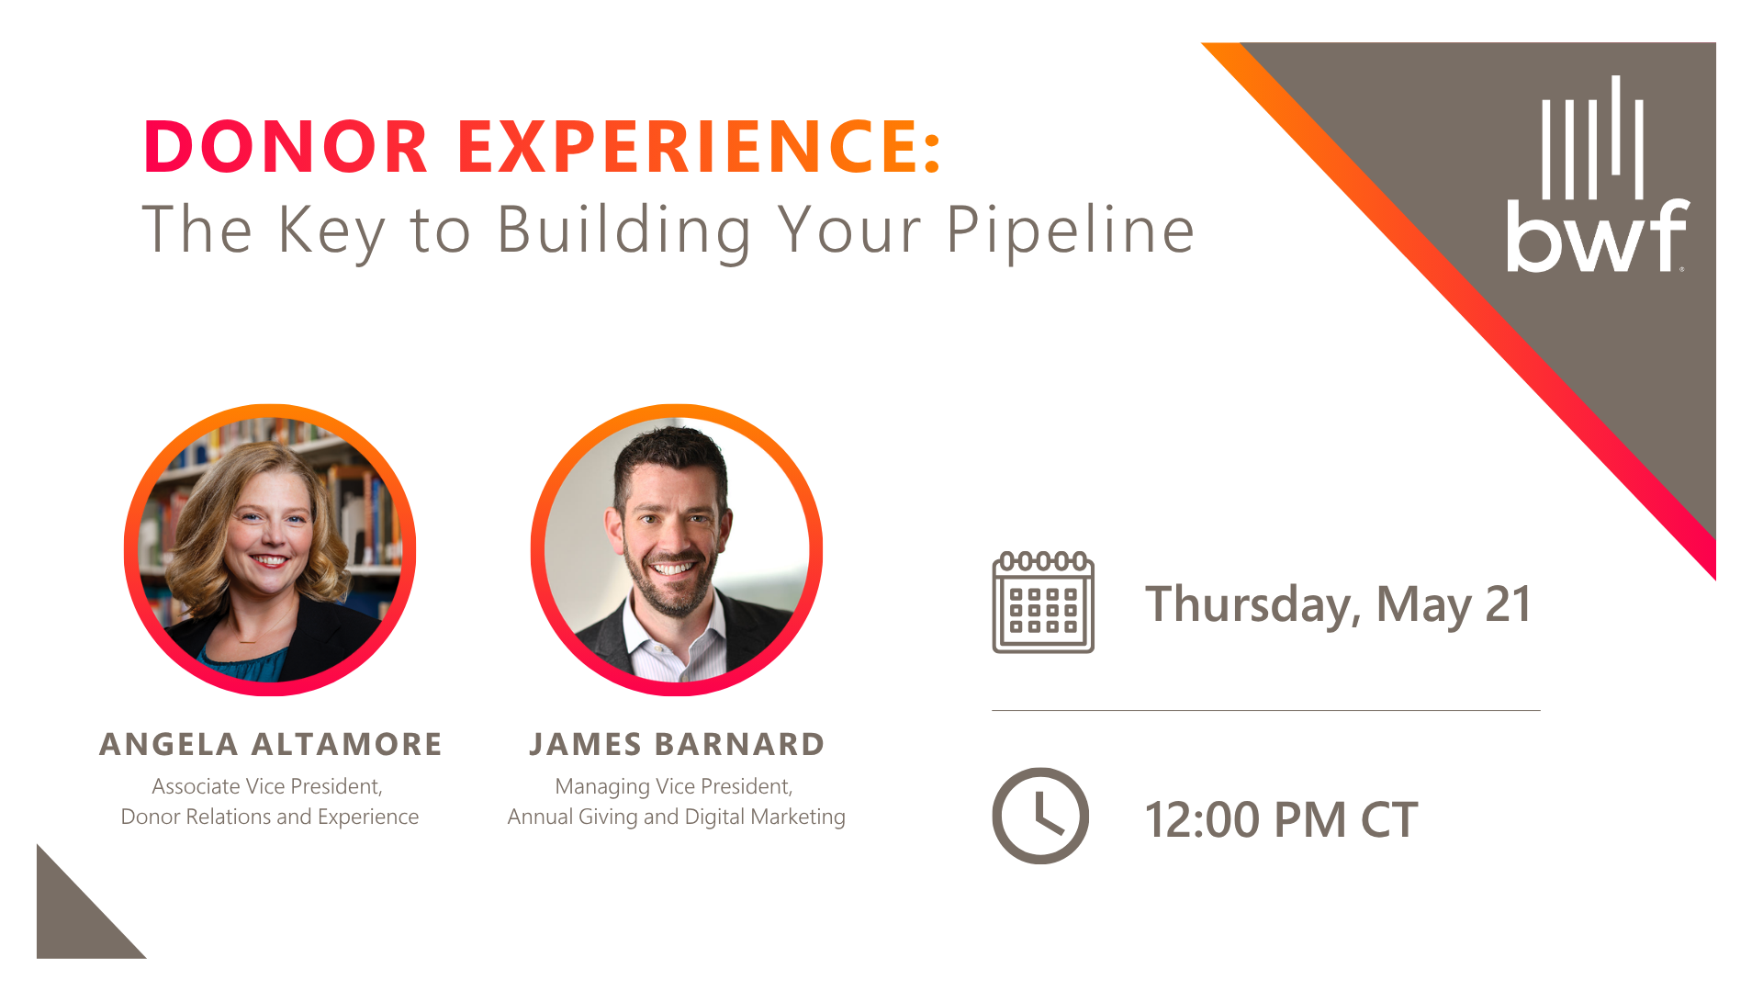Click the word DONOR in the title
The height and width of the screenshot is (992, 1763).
[x=286, y=147]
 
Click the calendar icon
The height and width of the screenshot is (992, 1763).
[x=1043, y=603]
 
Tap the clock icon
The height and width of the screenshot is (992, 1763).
[x=1040, y=816]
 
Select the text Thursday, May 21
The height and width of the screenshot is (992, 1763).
[x=1338, y=604]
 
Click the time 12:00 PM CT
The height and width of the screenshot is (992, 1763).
[x=1281, y=819]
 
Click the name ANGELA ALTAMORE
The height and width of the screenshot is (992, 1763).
[x=271, y=744]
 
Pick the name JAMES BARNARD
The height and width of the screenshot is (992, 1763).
[x=677, y=744]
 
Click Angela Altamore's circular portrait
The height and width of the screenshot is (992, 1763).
[x=270, y=549]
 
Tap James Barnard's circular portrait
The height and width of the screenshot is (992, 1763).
[x=677, y=549]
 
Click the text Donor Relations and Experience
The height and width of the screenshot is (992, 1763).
[x=270, y=817]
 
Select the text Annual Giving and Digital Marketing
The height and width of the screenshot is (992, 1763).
[x=677, y=817]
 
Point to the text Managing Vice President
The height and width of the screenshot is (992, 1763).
[x=673, y=786]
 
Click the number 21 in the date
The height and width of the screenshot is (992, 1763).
[x=1508, y=604]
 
